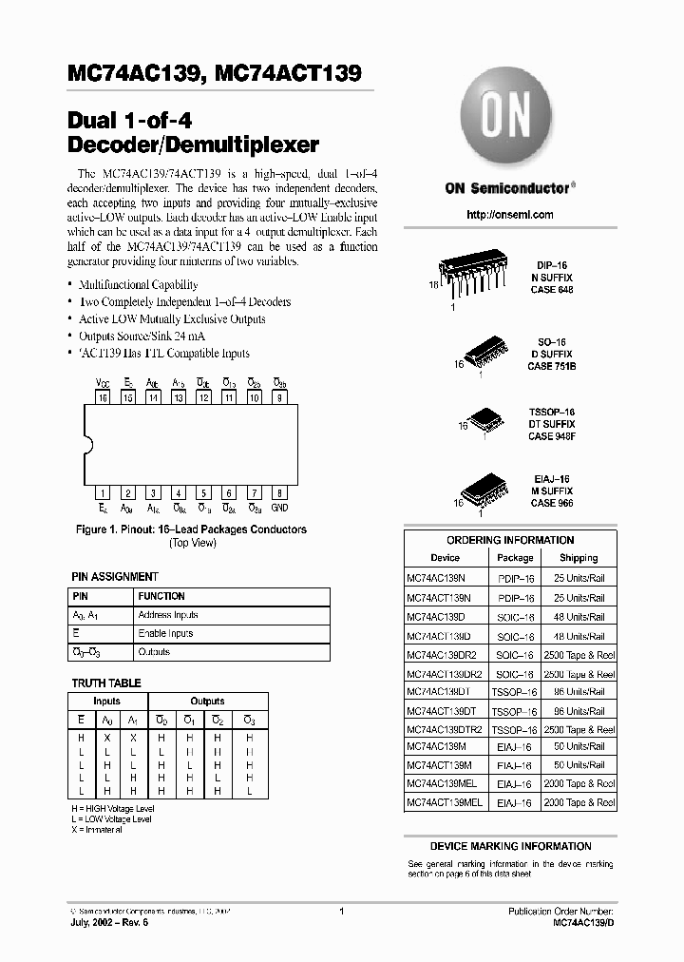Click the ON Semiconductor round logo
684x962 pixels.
509,121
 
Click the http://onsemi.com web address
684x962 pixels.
510,215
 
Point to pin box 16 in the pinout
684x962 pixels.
103,398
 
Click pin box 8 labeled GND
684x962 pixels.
279,492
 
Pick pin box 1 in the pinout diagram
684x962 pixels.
103,492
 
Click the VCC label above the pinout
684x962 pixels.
103,382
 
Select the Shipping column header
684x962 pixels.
578,558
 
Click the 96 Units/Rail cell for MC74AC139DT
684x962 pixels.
578,691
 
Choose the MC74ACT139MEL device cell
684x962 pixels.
445,802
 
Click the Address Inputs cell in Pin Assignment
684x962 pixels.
168,615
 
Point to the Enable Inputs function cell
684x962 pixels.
165,633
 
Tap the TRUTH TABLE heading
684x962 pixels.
106,683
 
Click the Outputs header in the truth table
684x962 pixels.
207,701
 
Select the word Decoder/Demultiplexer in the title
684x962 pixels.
194,146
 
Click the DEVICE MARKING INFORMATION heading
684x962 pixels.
510,846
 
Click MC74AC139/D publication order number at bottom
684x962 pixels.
584,923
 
